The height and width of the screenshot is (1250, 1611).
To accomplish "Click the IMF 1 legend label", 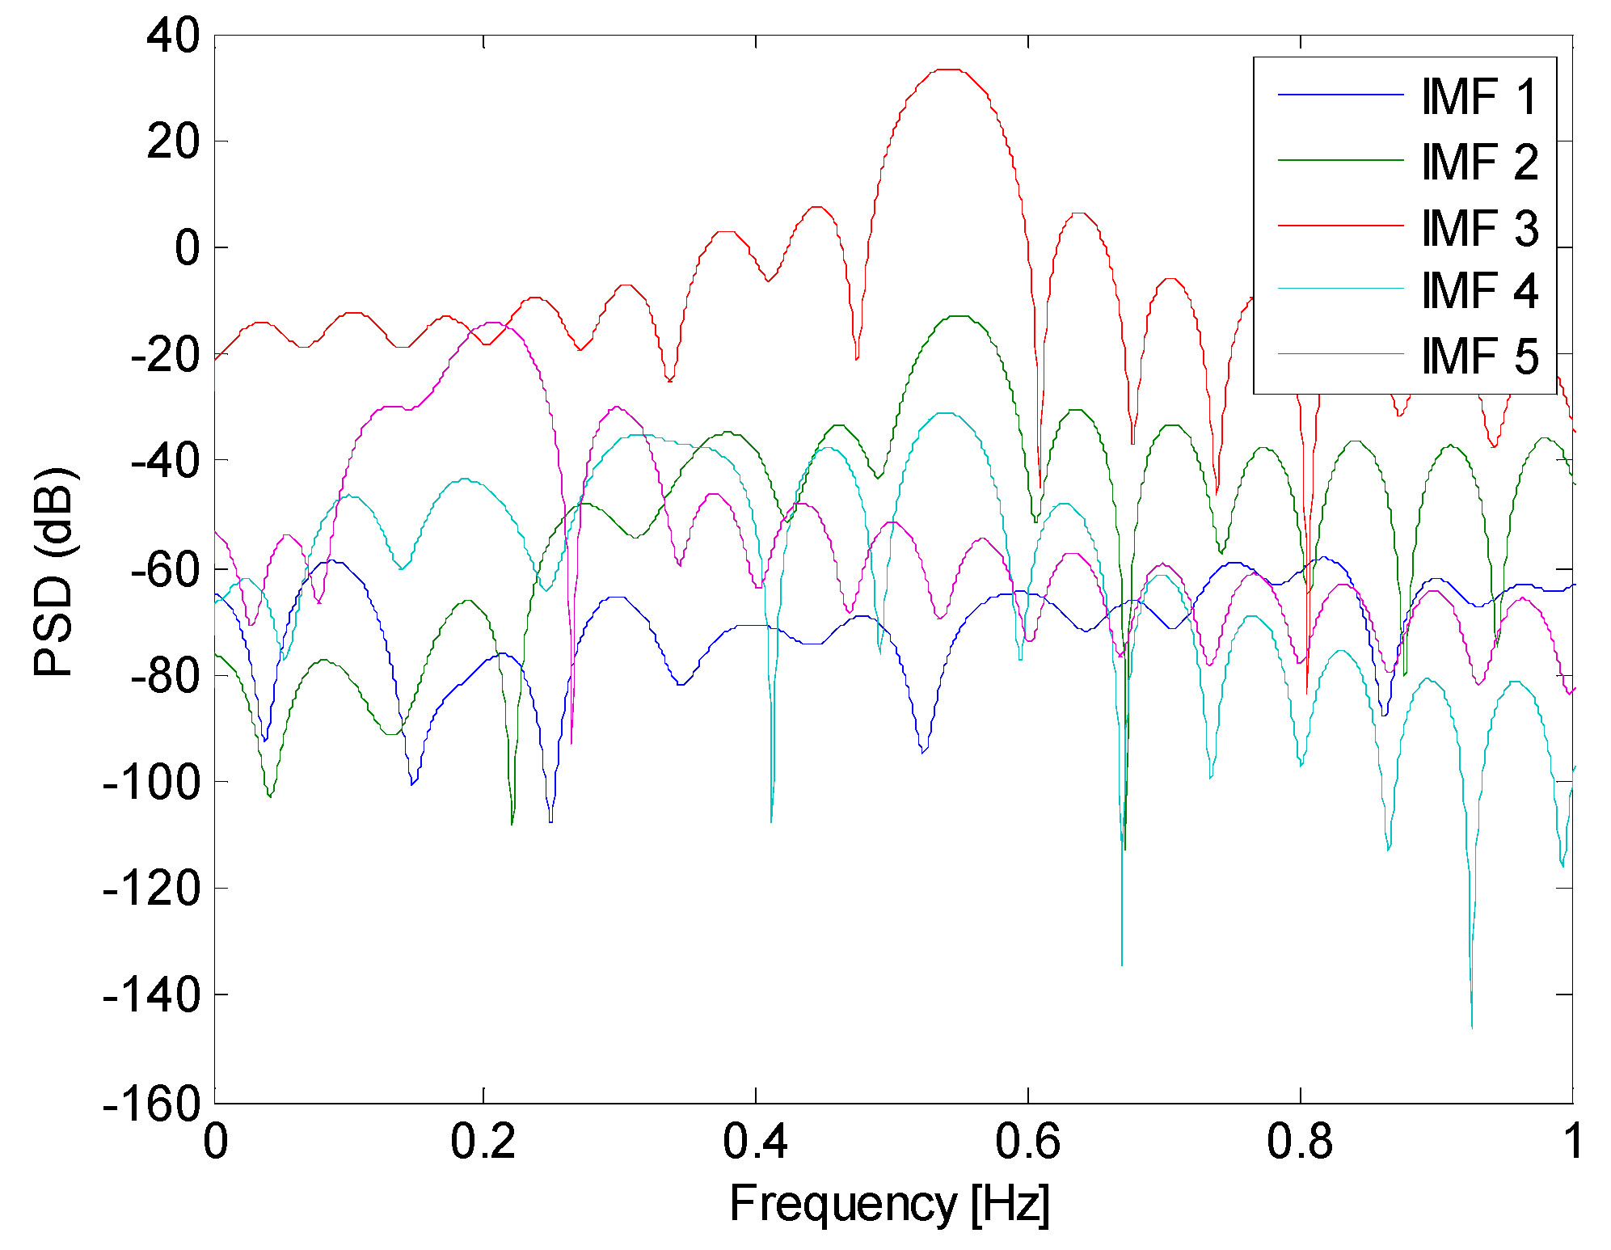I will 1478,97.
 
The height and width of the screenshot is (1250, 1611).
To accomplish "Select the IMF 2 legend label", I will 1478,162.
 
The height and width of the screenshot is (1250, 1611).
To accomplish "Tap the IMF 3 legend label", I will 1478,227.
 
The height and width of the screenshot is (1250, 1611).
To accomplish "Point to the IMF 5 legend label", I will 1478,356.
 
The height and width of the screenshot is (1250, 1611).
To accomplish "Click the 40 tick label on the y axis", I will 173,36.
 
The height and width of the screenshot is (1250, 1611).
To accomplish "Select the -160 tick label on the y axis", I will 152,1102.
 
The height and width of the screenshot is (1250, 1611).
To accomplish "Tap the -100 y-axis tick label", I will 152,782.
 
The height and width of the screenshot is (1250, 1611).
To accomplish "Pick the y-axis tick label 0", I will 187,247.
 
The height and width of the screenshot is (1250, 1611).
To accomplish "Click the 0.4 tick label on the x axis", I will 755,1142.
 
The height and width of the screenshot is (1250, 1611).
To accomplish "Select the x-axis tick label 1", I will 1572,1142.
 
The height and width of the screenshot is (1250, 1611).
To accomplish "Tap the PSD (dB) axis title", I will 55,571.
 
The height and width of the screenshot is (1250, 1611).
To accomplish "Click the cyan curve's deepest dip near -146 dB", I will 1471,1027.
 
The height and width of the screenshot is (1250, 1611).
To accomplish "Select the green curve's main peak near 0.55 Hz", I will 958,316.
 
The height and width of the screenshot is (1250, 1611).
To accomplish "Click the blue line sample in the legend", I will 1340,95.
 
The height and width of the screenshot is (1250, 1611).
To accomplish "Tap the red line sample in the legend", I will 1340,225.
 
